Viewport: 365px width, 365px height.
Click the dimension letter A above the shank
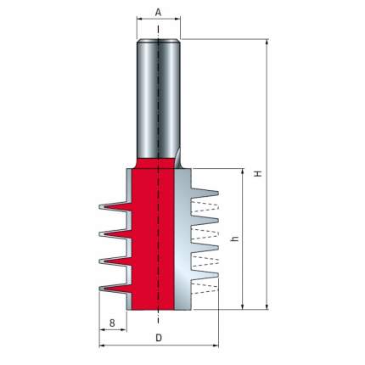pos(158,13)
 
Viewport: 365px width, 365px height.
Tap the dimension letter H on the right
pos(258,173)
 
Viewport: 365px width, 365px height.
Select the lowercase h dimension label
pos(235,239)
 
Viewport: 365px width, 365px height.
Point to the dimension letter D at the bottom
pos(159,338)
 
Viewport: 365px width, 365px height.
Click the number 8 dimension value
pos(112,323)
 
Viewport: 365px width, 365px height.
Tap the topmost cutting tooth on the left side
pos(115,207)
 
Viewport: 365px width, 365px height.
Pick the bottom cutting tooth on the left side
pos(115,289)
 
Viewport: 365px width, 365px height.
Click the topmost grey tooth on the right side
pos(205,194)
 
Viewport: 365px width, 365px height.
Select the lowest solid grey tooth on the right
pos(205,274)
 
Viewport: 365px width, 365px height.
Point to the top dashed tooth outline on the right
pos(205,207)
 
